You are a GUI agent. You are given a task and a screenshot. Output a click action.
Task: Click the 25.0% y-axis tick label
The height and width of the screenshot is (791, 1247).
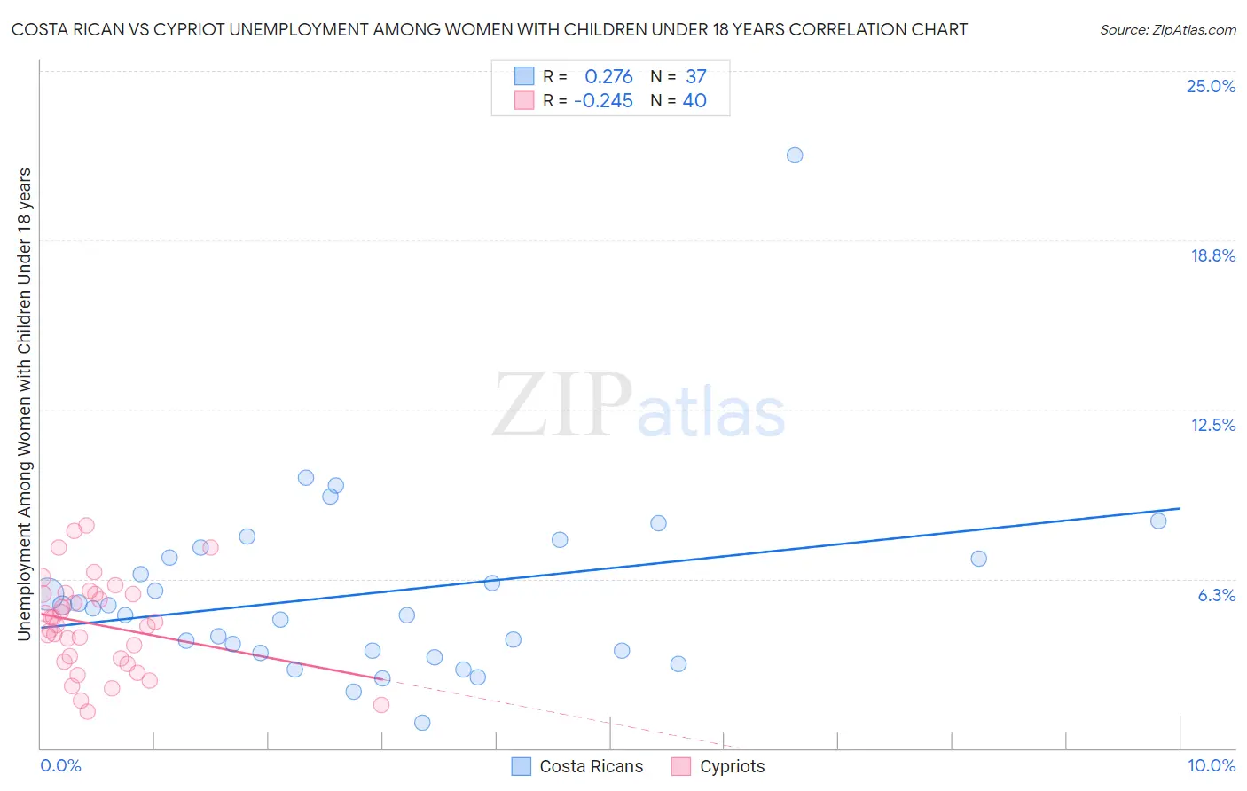[1211, 86]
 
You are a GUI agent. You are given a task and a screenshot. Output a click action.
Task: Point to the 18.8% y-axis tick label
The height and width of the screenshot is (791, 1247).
[1212, 255]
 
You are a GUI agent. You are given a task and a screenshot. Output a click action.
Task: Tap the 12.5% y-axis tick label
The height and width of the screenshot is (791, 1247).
[1212, 425]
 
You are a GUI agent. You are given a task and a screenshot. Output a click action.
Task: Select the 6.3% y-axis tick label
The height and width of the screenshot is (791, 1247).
[1216, 595]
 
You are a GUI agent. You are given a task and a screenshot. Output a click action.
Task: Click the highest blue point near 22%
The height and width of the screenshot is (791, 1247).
[795, 155]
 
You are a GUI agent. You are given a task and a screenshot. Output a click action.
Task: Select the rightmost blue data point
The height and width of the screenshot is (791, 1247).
[1158, 521]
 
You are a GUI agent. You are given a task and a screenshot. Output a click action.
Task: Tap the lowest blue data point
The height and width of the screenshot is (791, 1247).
[422, 723]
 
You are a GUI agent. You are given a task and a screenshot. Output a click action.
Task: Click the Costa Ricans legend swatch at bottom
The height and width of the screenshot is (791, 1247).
[522, 766]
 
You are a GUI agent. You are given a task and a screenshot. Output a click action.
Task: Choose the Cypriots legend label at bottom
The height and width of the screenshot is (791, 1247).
[732, 766]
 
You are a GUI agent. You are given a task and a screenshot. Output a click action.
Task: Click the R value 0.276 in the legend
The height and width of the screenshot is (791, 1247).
[608, 77]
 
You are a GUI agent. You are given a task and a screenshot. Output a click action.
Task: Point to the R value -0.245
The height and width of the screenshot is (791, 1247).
[603, 101]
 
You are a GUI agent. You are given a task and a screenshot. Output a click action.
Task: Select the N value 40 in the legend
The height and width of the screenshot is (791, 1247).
[694, 101]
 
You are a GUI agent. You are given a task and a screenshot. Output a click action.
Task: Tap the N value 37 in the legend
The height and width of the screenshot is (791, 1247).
[695, 77]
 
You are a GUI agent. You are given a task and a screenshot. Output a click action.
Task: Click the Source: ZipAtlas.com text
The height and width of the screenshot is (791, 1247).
[1167, 29]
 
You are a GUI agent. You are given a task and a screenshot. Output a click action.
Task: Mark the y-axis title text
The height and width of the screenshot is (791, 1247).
[24, 403]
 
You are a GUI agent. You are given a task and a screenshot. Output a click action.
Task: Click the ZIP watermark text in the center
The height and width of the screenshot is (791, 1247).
[562, 406]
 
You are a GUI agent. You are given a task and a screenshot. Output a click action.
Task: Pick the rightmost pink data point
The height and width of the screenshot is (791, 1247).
[381, 705]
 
